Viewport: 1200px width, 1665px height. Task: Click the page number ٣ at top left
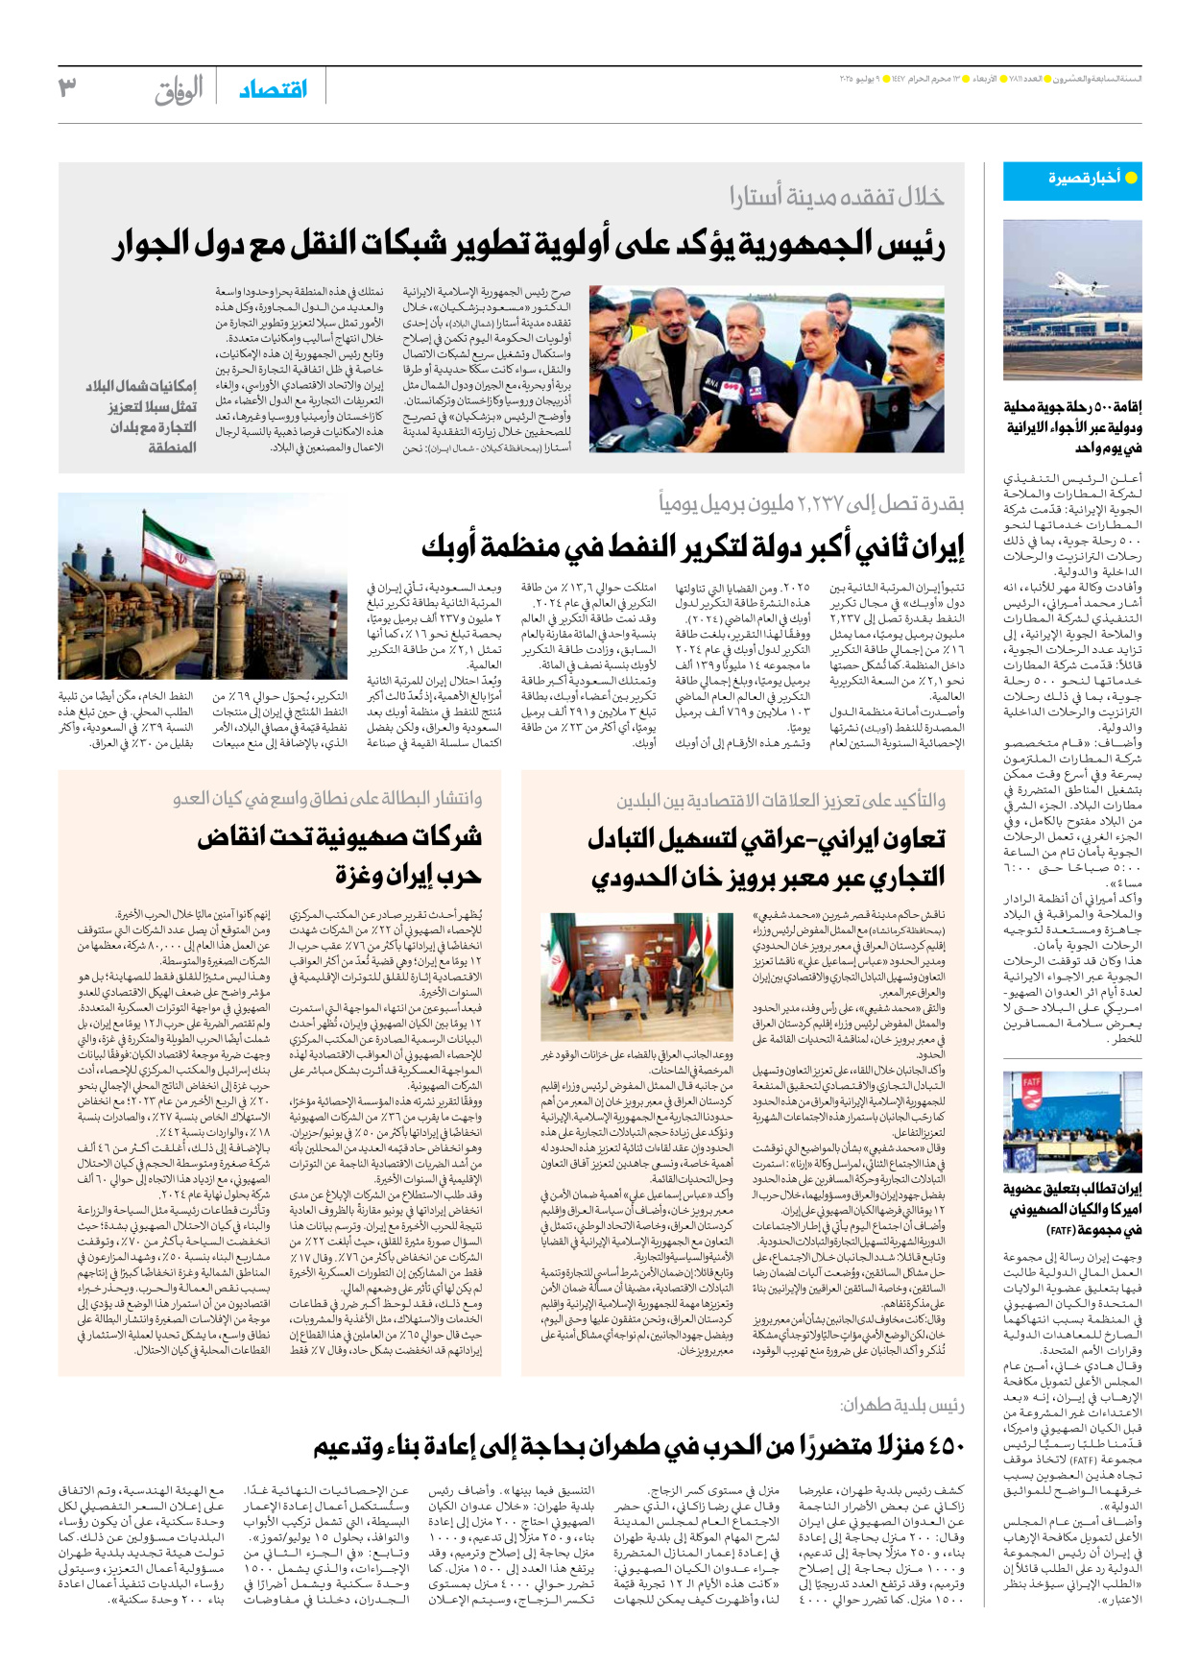pos(66,87)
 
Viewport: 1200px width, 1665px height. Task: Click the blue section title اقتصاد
pos(273,89)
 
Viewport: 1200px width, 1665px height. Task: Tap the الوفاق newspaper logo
pos(180,90)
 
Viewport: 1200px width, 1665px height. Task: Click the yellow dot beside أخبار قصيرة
pos(1130,179)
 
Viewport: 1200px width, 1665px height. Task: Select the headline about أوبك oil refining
pos(692,547)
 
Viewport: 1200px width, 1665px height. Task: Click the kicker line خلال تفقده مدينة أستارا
pos(836,198)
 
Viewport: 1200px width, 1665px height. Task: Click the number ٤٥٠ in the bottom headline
pos(939,1445)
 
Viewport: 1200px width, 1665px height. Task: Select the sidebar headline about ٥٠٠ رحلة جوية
pos(1072,427)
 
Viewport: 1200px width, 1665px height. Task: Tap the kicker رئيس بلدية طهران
pos(901,1405)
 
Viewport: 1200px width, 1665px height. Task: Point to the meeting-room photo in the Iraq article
pos(636,977)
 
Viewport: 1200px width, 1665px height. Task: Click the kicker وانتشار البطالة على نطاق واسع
pos(327,799)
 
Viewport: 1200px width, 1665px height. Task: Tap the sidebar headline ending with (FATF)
pos(1072,1209)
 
